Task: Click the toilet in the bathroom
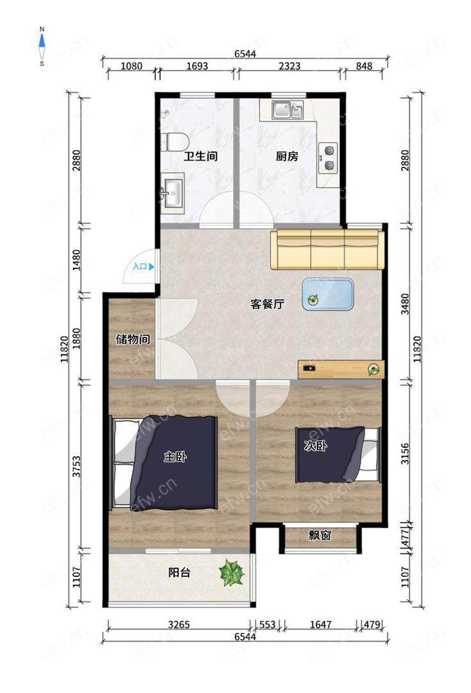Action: pos(175,141)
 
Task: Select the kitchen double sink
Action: pos(287,110)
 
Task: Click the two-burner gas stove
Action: pos(329,158)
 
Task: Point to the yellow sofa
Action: pos(327,249)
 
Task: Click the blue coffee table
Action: pos(329,293)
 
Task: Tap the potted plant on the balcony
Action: pos(232,573)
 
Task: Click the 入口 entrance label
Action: pos(140,266)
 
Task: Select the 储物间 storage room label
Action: pos(133,339)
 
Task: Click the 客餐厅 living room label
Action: pos(268,304)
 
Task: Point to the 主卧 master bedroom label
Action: pos(175,457)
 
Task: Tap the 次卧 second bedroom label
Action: pos(316,445)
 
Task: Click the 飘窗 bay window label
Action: pos(320,535)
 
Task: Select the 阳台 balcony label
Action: pos(180,572)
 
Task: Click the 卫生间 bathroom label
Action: pos(201,156)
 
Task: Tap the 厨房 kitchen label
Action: pos(287,156)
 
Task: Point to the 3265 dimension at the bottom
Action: pos(179,624)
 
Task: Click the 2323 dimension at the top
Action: pos(289,66)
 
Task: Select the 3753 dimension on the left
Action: pos(77,466)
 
